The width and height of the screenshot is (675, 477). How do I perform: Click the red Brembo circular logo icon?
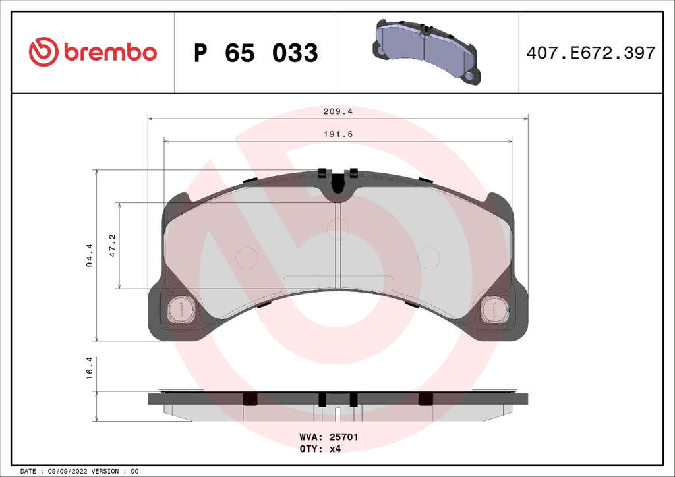(x=44, y=51)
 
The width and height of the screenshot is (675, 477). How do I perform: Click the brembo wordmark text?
(x=110, y=51)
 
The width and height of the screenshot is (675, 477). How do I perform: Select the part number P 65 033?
(x=256, y=53)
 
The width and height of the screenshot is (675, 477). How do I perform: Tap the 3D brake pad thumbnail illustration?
(x=426, y=51)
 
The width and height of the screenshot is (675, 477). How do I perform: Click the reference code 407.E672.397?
(x=591, y=53)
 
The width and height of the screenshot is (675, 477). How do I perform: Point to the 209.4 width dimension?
(x=338, y=111)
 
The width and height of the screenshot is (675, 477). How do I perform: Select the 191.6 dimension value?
(x=338, y=134)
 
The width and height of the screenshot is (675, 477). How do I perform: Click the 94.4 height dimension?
(x=90, y=255)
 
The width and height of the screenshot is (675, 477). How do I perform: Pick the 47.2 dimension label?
(x=112, y=245)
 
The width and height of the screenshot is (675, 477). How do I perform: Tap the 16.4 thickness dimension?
(x=90, y=368)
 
